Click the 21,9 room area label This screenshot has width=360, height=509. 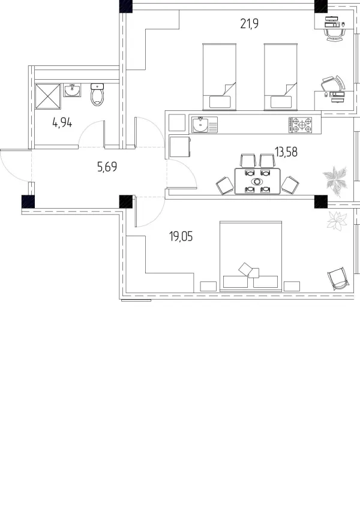tap(250, 24)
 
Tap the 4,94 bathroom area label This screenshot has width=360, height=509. tap(62, 123)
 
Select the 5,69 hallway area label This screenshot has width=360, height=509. tap(107, 167)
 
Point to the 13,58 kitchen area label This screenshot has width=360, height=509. tap(286, 152)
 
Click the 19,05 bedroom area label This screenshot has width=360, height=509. tap(181, 237)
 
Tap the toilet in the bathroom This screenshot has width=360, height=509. tap(97, 95)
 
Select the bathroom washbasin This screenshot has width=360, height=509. tap(73, 91)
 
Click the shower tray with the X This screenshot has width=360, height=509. tap(48, 97)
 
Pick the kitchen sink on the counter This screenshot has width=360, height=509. tap(205, 125)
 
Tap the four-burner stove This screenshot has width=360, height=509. tap(301, 125)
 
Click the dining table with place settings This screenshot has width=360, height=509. tap(257, 181)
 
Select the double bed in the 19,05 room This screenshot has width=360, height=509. tap(251, 256)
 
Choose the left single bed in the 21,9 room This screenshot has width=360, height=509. tap(220, 77)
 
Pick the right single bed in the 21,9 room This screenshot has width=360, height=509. tap(281, 77)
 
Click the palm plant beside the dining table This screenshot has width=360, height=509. tap(335, 179)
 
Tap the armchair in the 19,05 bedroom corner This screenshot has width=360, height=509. tap(338, 279)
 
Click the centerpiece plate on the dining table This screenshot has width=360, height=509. tap(257, 181)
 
